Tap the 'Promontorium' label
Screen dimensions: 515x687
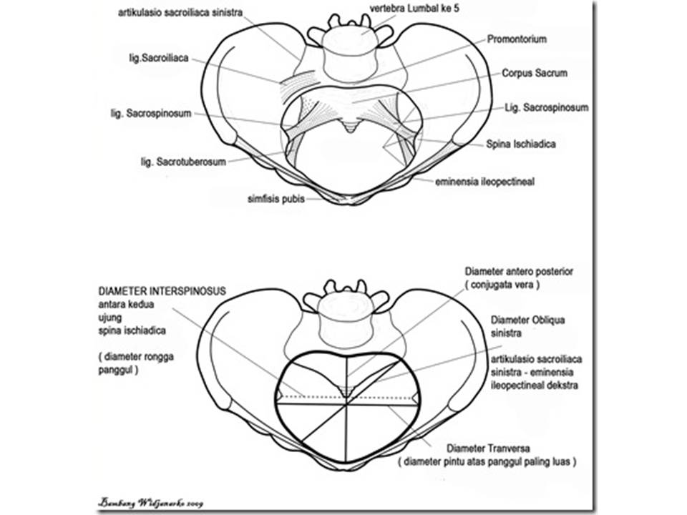[517, 39]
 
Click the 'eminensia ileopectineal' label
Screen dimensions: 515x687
[484, 182]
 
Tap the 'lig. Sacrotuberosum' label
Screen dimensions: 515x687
[183, 162]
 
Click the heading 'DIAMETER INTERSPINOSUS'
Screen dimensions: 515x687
[163, 291]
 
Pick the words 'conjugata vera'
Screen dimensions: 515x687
[501, 284]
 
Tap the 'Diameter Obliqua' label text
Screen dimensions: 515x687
[527, 320]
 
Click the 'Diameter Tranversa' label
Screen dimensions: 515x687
[487, 448]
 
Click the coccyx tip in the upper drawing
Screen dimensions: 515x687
[349, 128]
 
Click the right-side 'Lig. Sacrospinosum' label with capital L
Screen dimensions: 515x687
[546, 108]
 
